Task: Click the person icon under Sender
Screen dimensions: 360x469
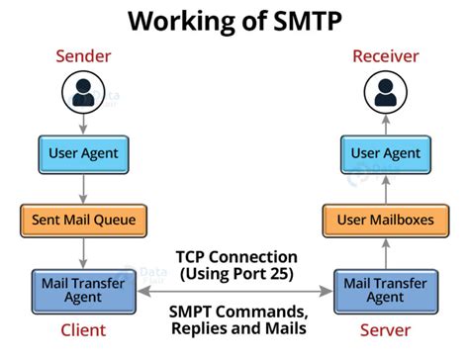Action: (83, 94)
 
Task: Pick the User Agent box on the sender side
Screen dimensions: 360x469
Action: (83, 154)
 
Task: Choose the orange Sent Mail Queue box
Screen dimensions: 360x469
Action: (83, 219)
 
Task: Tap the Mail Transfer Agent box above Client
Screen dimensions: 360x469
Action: (83, 291)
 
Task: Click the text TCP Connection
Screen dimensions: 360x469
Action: (235, 256)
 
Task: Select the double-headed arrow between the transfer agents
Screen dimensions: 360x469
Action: (235, 292)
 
